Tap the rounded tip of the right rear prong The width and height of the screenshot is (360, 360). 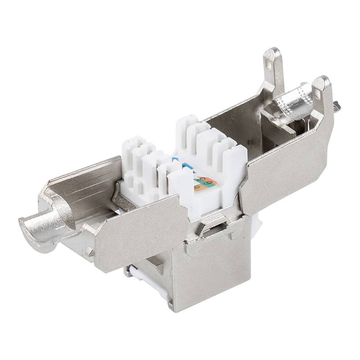point(322,81)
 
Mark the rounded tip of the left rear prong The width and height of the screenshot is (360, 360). point(271,54)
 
